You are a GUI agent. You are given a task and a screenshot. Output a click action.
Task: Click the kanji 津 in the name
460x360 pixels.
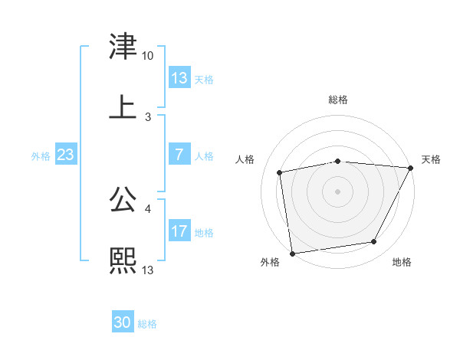click(123, 47)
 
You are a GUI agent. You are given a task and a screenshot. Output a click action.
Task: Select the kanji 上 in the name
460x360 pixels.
click(123, 106)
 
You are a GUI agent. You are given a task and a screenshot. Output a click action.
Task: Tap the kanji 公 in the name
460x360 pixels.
click(123, 200)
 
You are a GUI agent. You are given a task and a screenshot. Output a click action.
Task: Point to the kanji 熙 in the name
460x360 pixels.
click(123, 260)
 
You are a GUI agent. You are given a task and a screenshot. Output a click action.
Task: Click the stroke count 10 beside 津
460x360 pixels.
click(147, 56)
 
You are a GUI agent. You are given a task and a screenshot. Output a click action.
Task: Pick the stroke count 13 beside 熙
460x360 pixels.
click(148, 270)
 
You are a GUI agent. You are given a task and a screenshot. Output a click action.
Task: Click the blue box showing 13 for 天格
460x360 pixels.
click(179, 78)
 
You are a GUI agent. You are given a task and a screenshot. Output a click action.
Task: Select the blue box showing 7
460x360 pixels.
click(179, 155)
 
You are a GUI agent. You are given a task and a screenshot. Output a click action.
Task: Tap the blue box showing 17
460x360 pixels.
click(179, 231)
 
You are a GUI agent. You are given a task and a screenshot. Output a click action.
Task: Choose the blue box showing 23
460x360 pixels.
click(65, 155)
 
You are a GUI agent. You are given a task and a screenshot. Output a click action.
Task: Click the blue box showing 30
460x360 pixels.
click(123, 322)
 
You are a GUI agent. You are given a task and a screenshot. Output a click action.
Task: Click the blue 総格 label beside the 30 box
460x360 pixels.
click(147, 324)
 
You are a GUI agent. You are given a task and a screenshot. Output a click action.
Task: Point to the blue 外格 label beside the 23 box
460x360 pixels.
click(41, 156)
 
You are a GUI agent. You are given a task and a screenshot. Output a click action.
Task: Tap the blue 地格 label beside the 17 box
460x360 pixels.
click(205, 233)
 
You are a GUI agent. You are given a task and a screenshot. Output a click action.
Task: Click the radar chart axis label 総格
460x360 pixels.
click(337, 100)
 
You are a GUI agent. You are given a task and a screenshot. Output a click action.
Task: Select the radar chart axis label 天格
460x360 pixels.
click(431, 159)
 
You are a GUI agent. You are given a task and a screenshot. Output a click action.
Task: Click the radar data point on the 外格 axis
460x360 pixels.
click(292, 253)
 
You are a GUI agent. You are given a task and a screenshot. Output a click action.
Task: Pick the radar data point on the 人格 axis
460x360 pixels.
click(280, 172)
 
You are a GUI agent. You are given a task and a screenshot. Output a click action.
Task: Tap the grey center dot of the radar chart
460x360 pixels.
click(337, 191)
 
